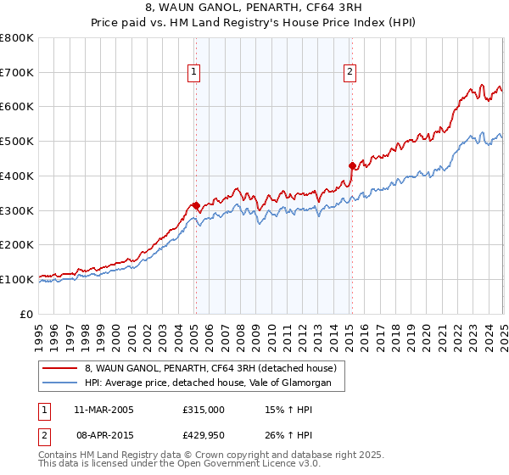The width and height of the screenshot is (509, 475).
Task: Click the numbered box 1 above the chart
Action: point(194,73)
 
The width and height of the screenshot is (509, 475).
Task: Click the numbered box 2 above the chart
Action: point(350,73)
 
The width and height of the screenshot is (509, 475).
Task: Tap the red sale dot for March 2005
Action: point(196,204)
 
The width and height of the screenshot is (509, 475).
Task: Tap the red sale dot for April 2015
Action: point(352,165)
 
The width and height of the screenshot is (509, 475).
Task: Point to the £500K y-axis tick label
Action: point(17,141)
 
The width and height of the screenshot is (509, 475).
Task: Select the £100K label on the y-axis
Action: point(17,279)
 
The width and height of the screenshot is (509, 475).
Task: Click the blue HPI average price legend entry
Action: point(213,383)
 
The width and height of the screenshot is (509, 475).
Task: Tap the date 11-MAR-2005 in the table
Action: point(104,410)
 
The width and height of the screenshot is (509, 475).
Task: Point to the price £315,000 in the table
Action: point(204,410)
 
